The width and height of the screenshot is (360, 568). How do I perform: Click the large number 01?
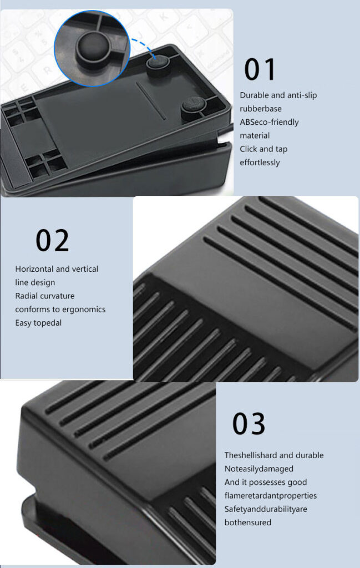click(260, 70)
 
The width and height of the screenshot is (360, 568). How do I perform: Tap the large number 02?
click(53, 241)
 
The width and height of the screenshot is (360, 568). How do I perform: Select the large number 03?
click(249, 424)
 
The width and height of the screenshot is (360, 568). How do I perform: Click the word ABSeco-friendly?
click(269, 122)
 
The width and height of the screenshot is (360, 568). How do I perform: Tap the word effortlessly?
click(260, 163)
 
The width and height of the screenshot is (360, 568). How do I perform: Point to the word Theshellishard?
click(250, 455)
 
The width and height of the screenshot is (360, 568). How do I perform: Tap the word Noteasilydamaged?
click(259, 469)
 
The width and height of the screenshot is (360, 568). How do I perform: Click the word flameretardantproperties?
click(271, 495)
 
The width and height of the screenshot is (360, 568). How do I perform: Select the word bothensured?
click(249, 523)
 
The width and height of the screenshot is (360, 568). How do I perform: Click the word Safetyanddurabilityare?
click(266, 509)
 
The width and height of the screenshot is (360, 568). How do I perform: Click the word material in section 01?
click(255, 135)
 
